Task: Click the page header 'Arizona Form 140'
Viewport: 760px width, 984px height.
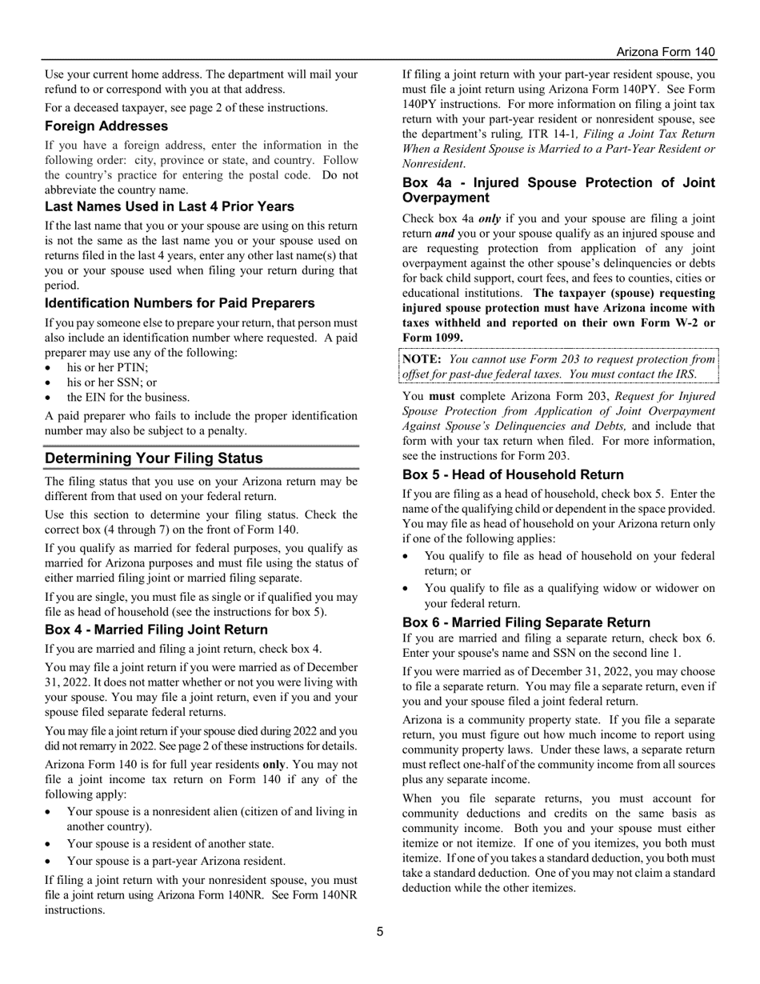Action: (x=666, y=52)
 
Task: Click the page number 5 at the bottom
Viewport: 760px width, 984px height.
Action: (x=380, y=931)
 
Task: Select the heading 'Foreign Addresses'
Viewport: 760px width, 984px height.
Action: (x=106, y=126)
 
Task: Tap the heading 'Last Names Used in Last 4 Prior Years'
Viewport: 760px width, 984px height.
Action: (x=170, y=206)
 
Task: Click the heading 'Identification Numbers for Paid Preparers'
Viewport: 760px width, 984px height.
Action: (x=179, y=303)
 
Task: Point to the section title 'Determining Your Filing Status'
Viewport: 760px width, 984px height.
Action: (x=154, y=458)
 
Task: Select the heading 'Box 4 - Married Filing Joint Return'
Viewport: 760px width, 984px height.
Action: (x=156, y=630)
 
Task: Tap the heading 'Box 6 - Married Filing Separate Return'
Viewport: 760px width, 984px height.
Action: (x=526, y=622)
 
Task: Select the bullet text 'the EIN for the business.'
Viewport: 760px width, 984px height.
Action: (x=128, y=398)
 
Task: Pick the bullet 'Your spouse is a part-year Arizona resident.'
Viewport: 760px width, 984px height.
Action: (x=176, y=862)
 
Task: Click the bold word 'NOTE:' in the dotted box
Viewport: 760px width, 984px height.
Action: (x=422, y=359)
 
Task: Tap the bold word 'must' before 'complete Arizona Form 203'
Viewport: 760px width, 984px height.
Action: (x=441, y=396)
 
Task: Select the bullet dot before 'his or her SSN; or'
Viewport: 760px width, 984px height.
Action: (x=50, y=383)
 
